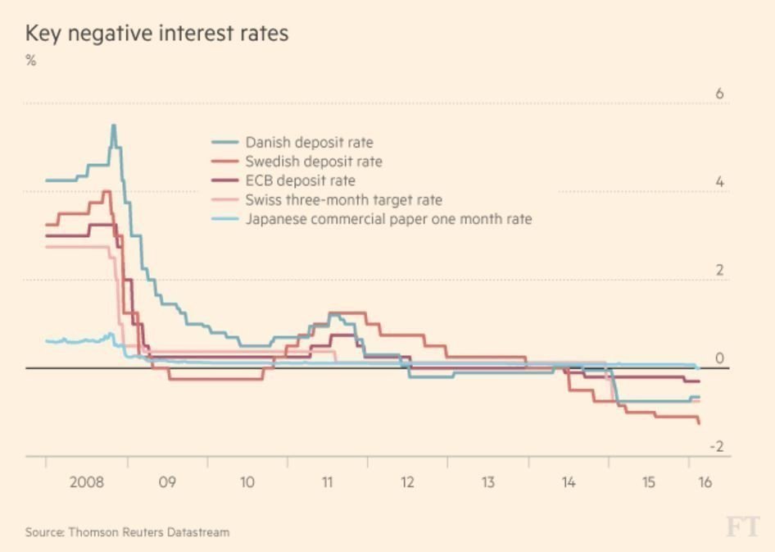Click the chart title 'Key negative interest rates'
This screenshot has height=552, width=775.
(156, 34)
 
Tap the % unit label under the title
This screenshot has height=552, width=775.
(31, 61)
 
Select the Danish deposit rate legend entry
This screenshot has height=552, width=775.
(308, 143)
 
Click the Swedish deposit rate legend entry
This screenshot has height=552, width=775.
(313, 162)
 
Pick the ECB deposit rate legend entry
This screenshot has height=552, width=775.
(300, 180)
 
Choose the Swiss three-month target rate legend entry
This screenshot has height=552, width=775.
(343, 199)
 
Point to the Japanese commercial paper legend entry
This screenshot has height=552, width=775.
(388, 219)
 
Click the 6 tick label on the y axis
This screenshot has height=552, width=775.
(719, 94)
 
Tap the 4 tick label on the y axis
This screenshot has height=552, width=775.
(719, 182)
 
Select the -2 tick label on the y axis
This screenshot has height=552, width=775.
(716, 446)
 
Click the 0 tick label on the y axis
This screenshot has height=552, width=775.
(719, 358)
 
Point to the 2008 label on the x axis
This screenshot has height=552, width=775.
(86, 482)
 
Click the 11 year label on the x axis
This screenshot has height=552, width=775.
(327, 482)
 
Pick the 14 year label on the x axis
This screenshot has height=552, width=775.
(568, 482)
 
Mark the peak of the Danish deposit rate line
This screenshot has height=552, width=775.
(113, 125)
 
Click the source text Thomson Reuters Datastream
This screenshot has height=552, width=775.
(127, 532)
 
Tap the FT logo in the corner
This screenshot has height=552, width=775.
(741, 527)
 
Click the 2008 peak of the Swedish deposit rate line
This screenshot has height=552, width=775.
(107, 192)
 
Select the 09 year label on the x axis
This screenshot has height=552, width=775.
(166, 482)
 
